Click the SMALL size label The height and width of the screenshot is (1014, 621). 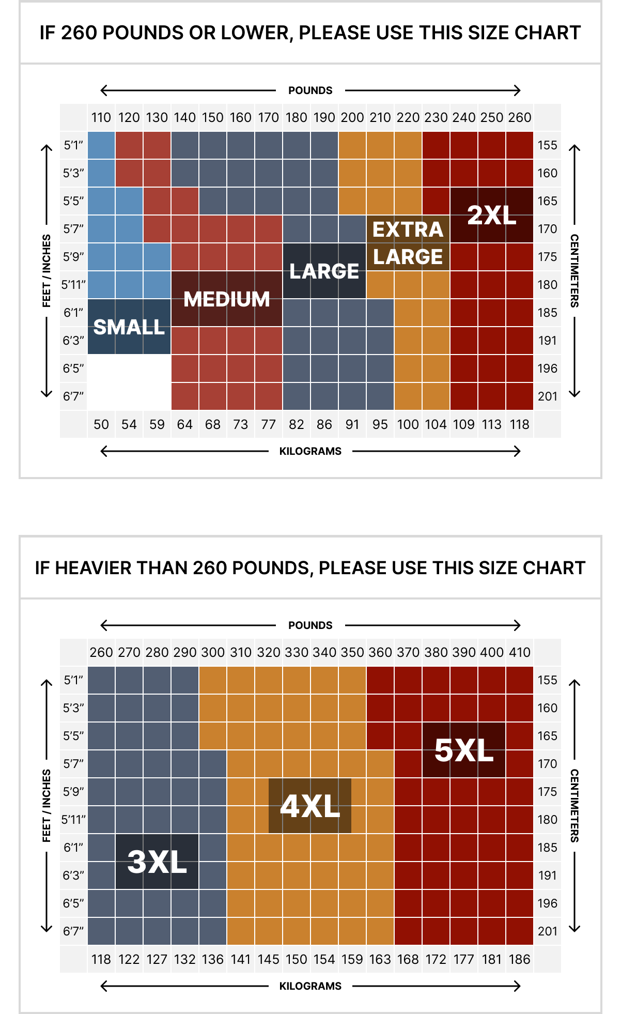(x=129, y=327)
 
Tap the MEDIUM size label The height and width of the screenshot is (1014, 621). (x=227, y=299)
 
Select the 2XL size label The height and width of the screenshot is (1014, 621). (x=491, y=215)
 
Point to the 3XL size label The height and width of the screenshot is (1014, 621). (x=157, y=862)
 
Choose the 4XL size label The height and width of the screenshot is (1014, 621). (x=310, y=806)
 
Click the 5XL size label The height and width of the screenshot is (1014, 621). (x=463, y=750)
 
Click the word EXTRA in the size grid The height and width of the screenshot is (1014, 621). (x=408, y=229)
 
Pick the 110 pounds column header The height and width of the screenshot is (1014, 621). (x=101, y=118)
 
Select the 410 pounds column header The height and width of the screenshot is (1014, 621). (x=520, y=653)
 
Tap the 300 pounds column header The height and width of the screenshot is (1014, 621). (x=213, y=653)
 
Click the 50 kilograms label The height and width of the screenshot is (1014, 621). (x=101, y=425)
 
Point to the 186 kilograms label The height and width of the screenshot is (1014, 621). (x=520, y=960)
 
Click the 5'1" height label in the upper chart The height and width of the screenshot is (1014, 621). (x=73, y=146)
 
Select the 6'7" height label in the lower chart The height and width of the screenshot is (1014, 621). (x=73, y=932)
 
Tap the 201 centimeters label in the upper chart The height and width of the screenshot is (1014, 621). (x=548, y=397)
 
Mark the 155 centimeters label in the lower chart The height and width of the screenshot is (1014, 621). (x=548, y=681)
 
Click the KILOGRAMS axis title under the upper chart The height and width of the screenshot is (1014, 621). (x=310, y=452)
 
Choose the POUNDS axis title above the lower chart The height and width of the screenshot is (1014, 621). (x=310, y=625)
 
